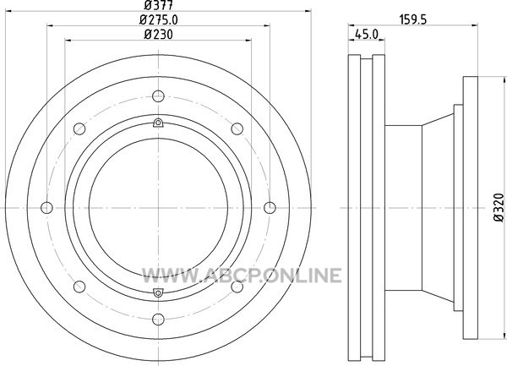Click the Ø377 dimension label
pyautogui.click(x=159, y=5)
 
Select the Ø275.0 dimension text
pyautogui.click(x=159, y=20)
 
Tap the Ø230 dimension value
pyautogui.click(x=159, y=35)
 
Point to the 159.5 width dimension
pyautogui.click(x=413, y=19)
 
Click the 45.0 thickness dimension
pyautogui.click(x=367, y=35)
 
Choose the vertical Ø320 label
pyautogui.click(x=499, y=208)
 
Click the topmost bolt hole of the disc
pyautogui.click(x=158, y=96)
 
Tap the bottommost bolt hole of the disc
pyautogui.click(x=158, y=320)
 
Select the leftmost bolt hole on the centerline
pyautogui.click(x=46, y=208)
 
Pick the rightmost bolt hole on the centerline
pyautogui.click(x=270, y=208)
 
